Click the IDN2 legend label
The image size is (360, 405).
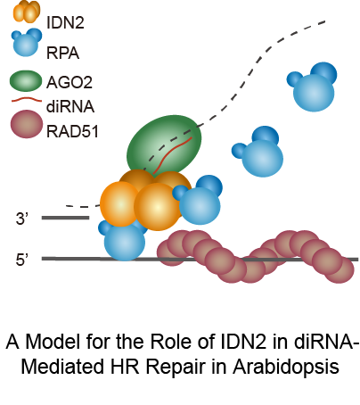coord(65,22)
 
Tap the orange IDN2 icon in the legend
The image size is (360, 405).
coord(26,12)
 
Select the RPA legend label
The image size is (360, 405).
coord(63,54)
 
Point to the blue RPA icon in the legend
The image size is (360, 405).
coord(27,42)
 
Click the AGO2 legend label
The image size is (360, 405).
coord(70,82)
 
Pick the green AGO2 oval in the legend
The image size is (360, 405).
coord(26,81)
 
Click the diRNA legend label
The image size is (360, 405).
coord(70,106)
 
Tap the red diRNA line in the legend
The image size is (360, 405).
coord(26,100)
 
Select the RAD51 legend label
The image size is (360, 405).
coord(72,131)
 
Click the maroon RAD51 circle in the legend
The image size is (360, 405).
coord(27,124)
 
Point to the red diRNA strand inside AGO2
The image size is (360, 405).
coord(173,155)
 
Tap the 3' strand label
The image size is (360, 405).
coord(21,219)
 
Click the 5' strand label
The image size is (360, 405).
coord(21,260)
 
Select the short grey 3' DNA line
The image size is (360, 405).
coord(65,218)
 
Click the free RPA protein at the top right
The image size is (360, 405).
coord(313,87)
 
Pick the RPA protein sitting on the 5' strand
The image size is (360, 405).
coord(123,241)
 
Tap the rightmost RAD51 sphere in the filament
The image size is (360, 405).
coord(339,269)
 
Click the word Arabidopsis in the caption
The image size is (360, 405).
coord(286,366)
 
